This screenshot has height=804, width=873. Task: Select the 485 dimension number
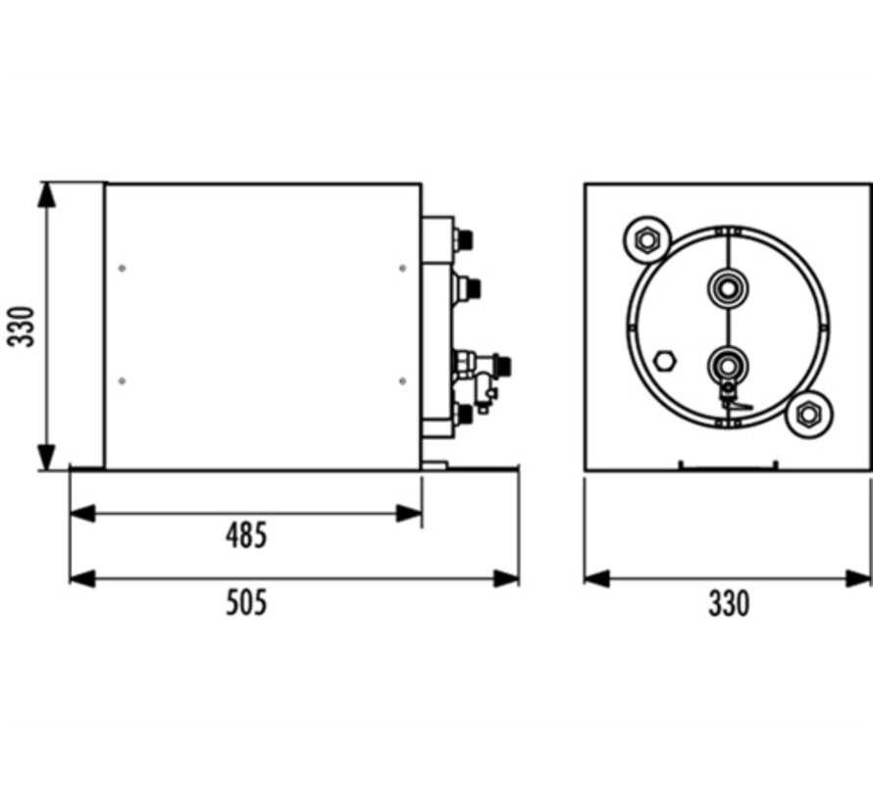point(245,535)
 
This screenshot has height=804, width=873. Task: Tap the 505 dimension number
point(245,602)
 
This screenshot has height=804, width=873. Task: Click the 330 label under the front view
point(728,602)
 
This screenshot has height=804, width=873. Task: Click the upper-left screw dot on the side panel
point(122,268)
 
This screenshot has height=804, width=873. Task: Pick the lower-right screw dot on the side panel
point(402,380)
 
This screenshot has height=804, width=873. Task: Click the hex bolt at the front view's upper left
point(645,238)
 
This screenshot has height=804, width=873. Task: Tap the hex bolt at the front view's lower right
point(808,414)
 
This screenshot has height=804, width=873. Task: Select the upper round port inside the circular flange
point(727,286)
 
